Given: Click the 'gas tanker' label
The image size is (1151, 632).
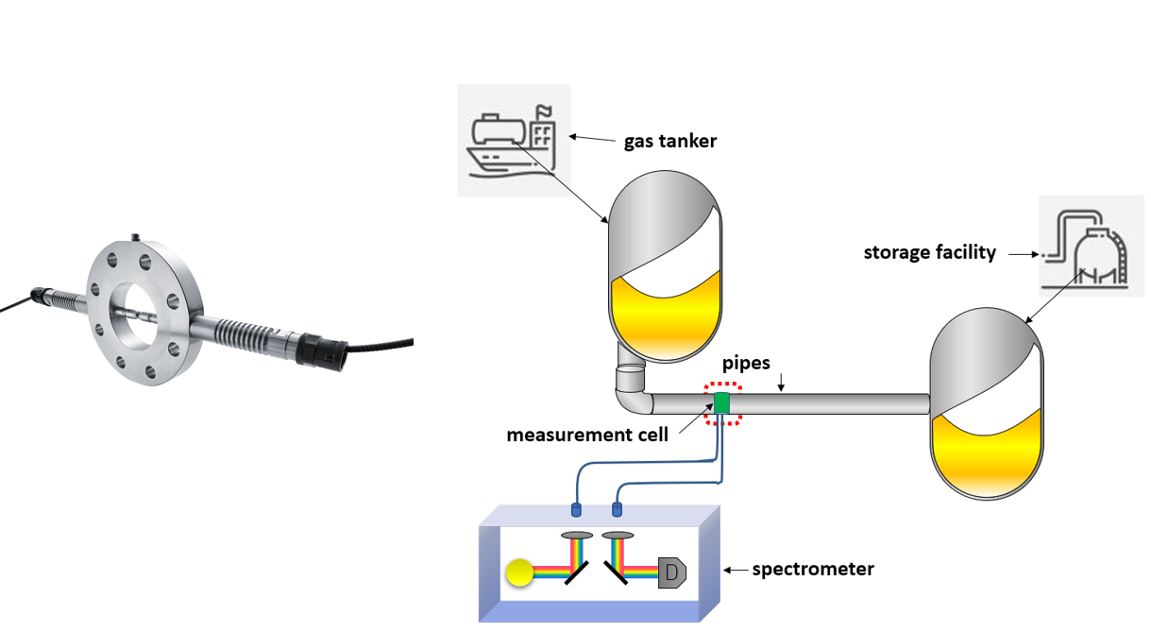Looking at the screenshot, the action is click(670, 141).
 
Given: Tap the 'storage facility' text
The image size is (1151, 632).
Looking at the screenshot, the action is click(929, 252).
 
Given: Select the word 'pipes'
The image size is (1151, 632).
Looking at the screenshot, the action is click(746, 363).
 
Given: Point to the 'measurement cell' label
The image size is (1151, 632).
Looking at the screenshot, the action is click(587, 435).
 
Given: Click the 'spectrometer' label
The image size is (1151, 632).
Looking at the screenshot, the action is click(813, 570).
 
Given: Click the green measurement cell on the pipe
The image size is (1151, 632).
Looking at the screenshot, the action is click(721, 403).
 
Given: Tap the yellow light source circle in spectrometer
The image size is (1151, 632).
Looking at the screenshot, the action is click(519, 572).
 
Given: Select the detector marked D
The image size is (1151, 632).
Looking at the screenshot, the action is click(672, 572).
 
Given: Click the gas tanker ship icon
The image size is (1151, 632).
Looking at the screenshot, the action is click(513, 141).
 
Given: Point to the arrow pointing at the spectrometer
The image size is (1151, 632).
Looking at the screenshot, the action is click(736, 570).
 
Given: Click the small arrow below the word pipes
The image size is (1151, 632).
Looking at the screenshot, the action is click(781, 382).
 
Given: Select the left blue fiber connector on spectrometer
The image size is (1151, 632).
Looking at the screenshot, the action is click(576, 509).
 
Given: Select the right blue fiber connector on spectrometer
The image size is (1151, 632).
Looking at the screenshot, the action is click(618, 509).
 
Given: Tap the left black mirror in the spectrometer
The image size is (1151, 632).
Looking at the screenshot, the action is click(577, 572).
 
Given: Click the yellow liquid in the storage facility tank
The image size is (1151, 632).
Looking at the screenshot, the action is click(986, 453).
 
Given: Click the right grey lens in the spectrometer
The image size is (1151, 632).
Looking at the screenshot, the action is click(618, 536).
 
